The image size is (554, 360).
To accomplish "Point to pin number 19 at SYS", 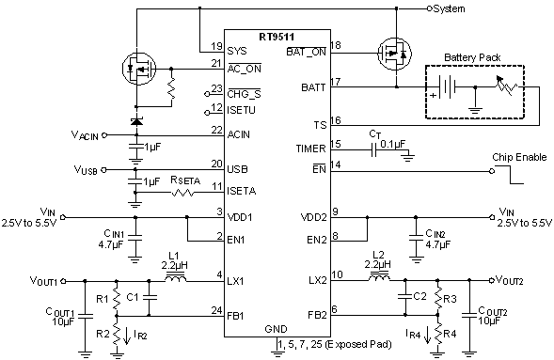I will coord(216,44).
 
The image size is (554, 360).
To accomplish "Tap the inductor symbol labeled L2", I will coord(379,279).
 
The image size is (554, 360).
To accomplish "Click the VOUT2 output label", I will coord(514,281).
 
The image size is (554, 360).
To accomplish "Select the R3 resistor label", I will coord(451,298).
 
